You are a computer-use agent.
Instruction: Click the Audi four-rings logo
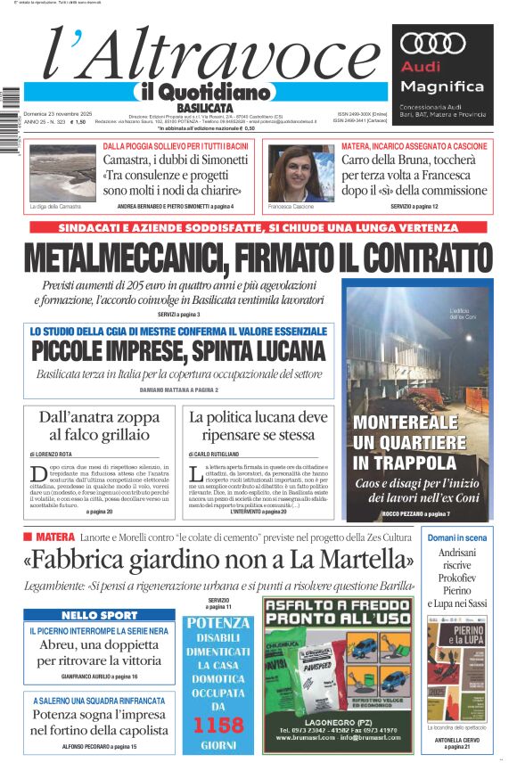(x=433, y=43)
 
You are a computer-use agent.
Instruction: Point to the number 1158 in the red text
(x=218, y=724)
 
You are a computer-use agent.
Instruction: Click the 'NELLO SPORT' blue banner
(x=99, y=616)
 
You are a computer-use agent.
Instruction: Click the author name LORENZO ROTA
(x=55, y=454)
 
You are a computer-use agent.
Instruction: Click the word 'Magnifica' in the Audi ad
(x=442, y=87)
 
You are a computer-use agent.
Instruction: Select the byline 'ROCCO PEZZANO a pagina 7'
(x=416, y=514)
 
